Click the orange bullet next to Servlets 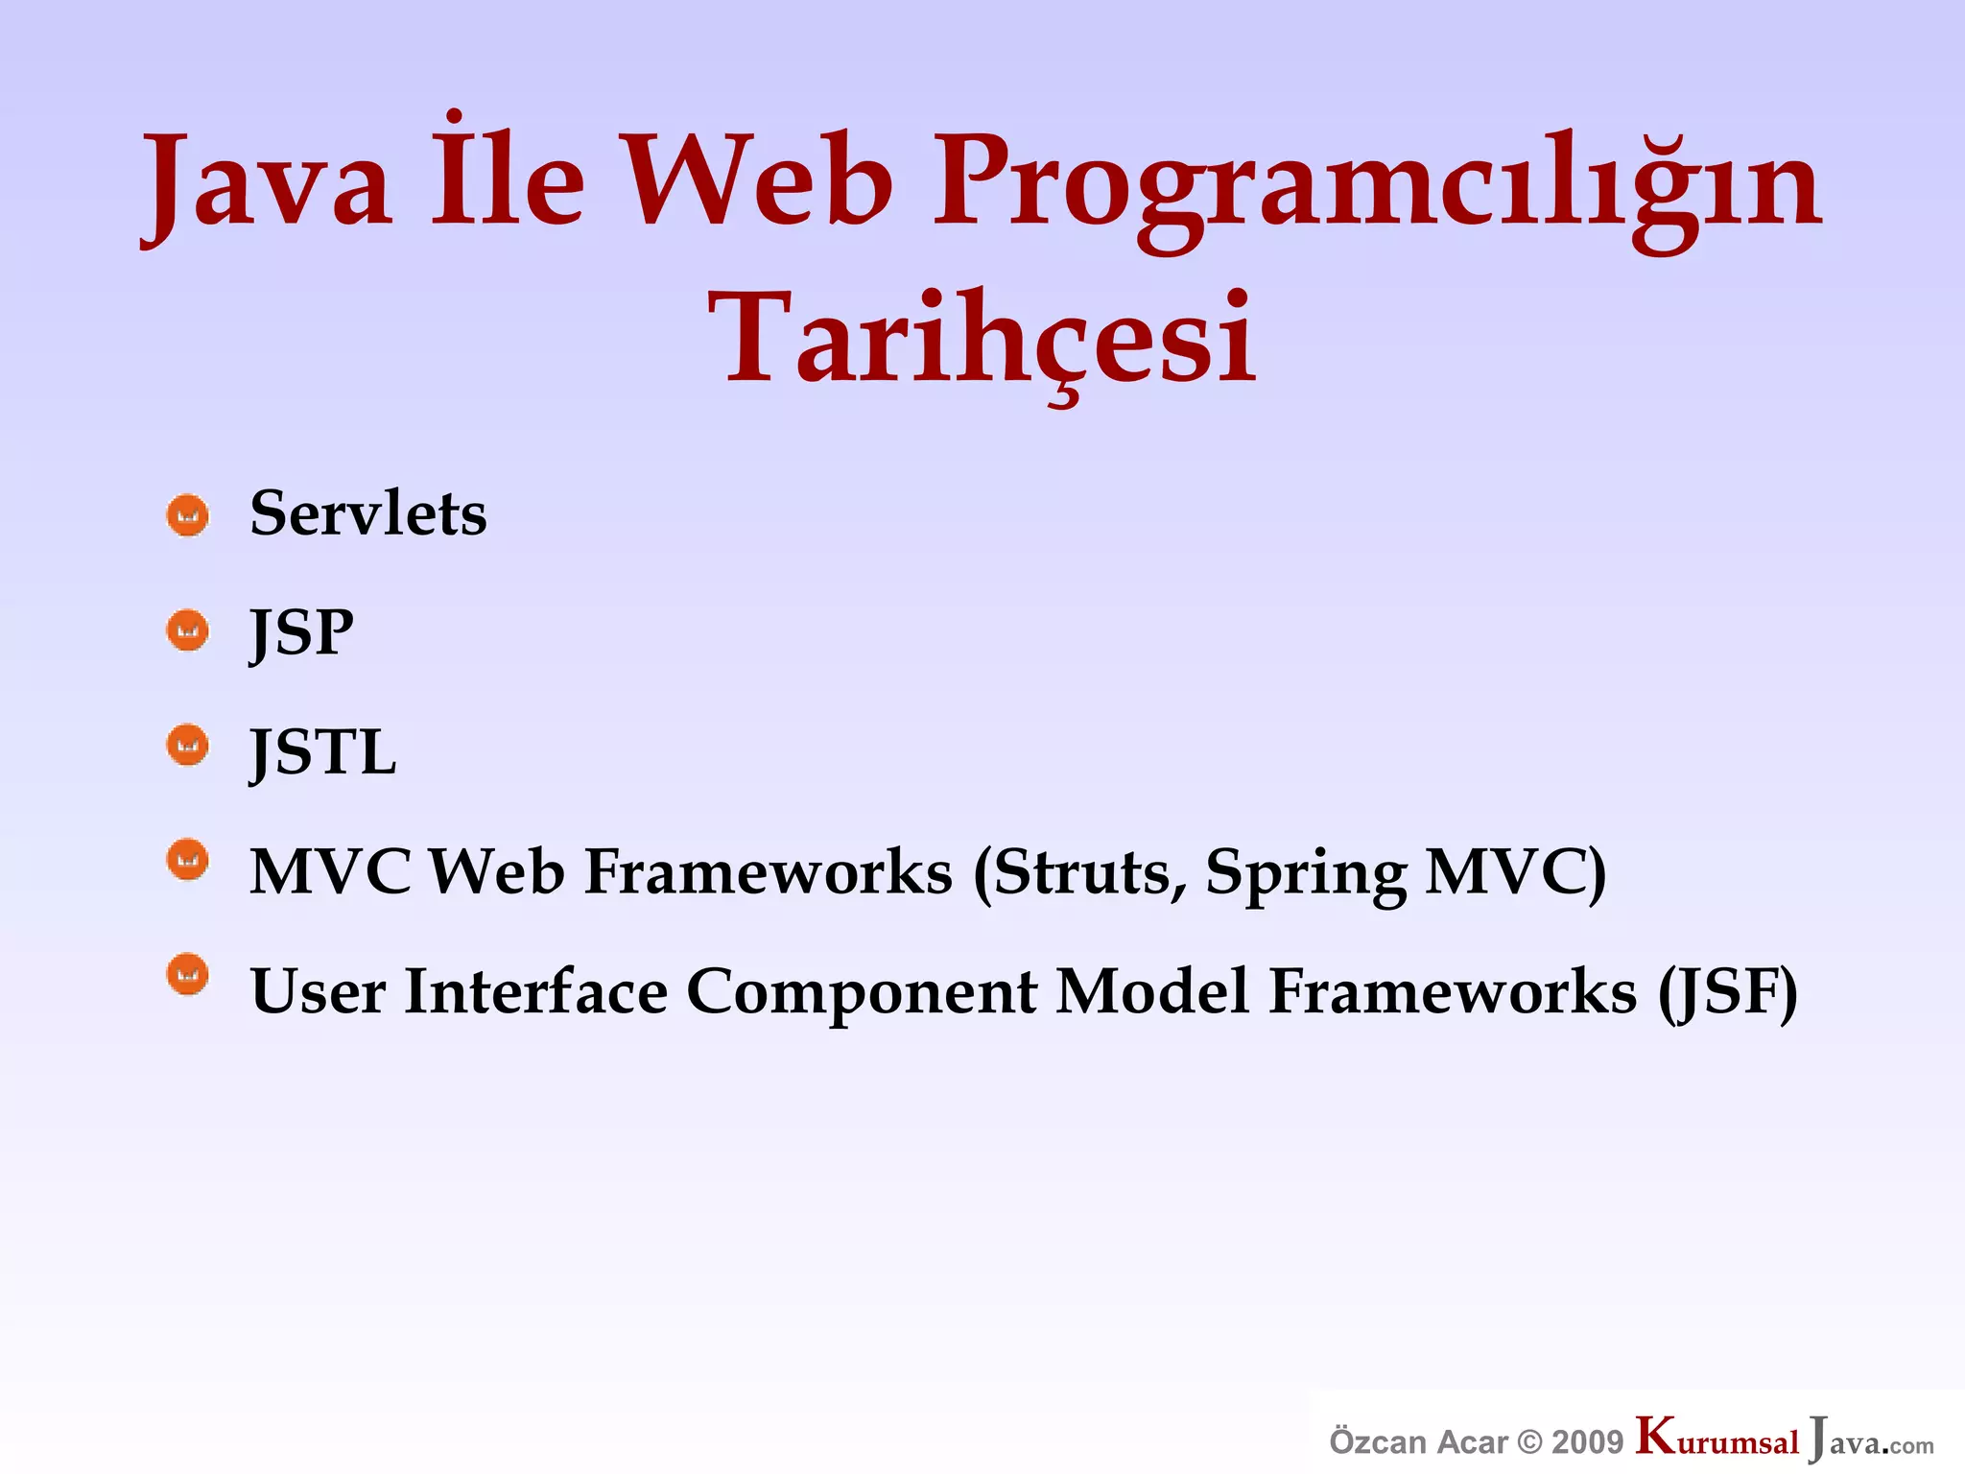(188, 515)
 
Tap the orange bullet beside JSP (188, 630)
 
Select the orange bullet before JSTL (188, 745)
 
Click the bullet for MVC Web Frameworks (188, 860)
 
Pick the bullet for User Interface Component (188, 975)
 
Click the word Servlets (368, 513)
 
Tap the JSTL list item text (322, 751)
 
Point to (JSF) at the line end (1728, 992)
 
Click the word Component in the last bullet (862, 992)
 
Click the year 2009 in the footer (1587, 1442)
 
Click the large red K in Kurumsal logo (1656, 1436)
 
